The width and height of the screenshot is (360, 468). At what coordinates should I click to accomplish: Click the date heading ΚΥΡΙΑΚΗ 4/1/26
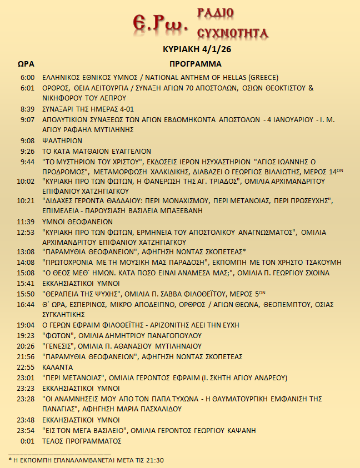pos(195,49)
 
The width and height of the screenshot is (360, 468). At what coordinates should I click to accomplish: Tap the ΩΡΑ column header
pos(27,64)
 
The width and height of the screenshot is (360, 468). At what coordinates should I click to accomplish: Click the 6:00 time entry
pos(27,78)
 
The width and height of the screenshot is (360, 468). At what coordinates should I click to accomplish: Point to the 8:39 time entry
pos(27,109)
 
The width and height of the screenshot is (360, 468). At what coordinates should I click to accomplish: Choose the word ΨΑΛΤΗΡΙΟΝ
pos(62,140)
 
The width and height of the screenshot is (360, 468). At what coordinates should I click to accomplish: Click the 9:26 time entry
pos(27,151)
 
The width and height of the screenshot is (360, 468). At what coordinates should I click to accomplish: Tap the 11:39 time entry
pos(26,221)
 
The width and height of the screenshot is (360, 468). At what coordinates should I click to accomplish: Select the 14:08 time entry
pos(26,262)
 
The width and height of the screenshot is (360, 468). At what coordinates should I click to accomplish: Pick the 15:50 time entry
pos(26,294)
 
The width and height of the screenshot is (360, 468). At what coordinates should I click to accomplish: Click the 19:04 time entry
pos(26,325)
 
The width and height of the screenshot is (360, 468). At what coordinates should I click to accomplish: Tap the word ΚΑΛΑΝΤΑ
pos(58,367)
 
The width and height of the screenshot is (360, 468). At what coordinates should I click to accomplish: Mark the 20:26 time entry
pos(26,346)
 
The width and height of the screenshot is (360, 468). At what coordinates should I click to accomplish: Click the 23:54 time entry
pos(26,430)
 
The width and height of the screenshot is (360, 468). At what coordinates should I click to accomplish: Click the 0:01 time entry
pos(27,441)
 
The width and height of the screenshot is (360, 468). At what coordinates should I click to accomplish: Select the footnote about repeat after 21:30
pos(86,460)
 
